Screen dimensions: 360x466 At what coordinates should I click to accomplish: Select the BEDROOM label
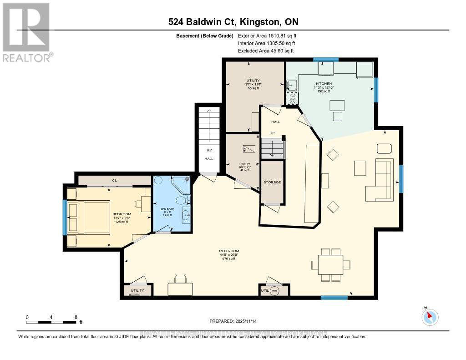pyautogui.click(x=122, y=214)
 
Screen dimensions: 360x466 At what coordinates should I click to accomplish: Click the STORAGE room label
pyautogui.click(x=272, y=182)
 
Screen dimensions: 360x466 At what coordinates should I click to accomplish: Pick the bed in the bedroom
pyautogui.click(x=89, y=217)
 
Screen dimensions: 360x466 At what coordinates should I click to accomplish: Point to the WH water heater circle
pyautogui.click(x=274, y=291)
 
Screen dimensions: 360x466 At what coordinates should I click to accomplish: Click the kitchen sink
pyautogui.click(x=291, y=85)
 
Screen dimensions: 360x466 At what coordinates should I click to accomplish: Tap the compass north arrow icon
pyautogui.click(x=430, y=317)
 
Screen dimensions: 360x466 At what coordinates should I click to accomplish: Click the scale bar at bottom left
pyautogui.click(x=51, y=322)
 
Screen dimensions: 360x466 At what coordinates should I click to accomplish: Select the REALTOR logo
pyautogui.click(x=26, y=32)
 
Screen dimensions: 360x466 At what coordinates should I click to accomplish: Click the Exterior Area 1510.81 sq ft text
pyautogui.click(x=267, y=35)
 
